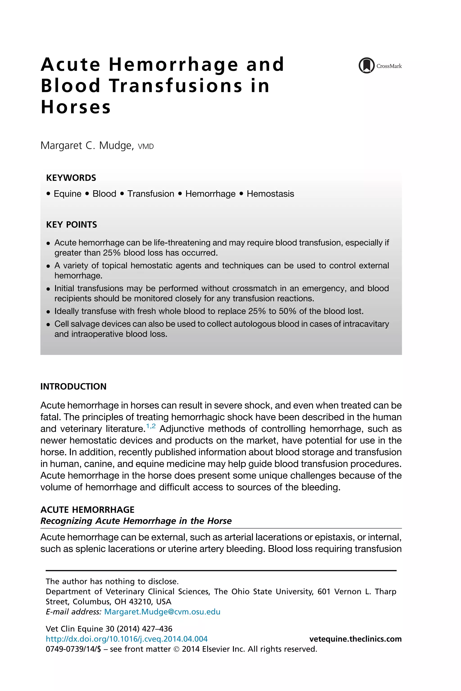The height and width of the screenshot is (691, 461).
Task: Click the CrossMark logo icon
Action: [366, 65]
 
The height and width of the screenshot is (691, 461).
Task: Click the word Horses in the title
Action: [76, 107]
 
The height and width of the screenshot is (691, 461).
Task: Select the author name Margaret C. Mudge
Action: [87, 146]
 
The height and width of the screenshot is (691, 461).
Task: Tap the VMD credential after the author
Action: [146, 146]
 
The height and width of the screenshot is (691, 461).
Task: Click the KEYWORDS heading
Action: [71, 178]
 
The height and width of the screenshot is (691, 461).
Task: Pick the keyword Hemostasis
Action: [270, 194]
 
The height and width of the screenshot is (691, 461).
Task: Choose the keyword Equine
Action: [67, 194]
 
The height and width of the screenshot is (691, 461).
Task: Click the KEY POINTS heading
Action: [71, 224]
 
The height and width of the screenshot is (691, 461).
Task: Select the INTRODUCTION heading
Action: [73, 386]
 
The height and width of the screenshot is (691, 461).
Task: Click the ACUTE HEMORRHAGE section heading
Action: [87, 509]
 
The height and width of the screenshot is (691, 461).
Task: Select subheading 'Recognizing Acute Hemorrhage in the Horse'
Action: [136, 521]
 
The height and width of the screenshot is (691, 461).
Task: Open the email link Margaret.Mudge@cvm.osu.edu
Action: [162, 612]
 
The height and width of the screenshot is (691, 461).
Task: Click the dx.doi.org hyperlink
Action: [127, 639]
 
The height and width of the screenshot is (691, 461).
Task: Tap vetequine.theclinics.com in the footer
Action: [355, 639]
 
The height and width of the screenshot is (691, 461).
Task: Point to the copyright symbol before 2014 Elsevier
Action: [176, 649]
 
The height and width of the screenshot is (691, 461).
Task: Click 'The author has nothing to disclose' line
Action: [112, 581]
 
